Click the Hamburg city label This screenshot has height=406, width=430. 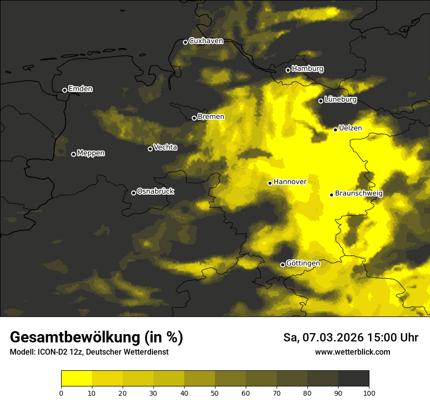click(x=307, y=69)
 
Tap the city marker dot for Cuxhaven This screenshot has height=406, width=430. click(x=185, y=42)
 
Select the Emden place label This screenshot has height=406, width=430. click(x=80, y=89)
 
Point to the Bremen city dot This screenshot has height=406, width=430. click(x=194, y=118)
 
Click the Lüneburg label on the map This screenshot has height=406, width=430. click(x=341, y=100)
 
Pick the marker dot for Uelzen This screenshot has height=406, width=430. click(x=335, y=130)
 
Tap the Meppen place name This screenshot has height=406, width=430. click(x=91, y=153)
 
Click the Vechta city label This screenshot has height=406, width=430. click(x=165, y=147)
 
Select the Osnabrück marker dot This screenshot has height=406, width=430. click(x=133, y=193)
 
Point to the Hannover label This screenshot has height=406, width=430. click(x=290, y=182)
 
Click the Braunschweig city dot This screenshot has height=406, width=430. click(x=331, y=195)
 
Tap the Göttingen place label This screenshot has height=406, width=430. click(x=303, y=263)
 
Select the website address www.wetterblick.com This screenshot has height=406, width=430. click(x=352, y=352)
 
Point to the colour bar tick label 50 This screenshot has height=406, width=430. click(x=215, y=393)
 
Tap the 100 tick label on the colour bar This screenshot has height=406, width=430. click(x=369, y=393)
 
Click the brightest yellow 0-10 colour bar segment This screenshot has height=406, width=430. click(x=76, y=379)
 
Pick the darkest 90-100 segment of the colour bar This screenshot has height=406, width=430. click(x=353, y=379)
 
